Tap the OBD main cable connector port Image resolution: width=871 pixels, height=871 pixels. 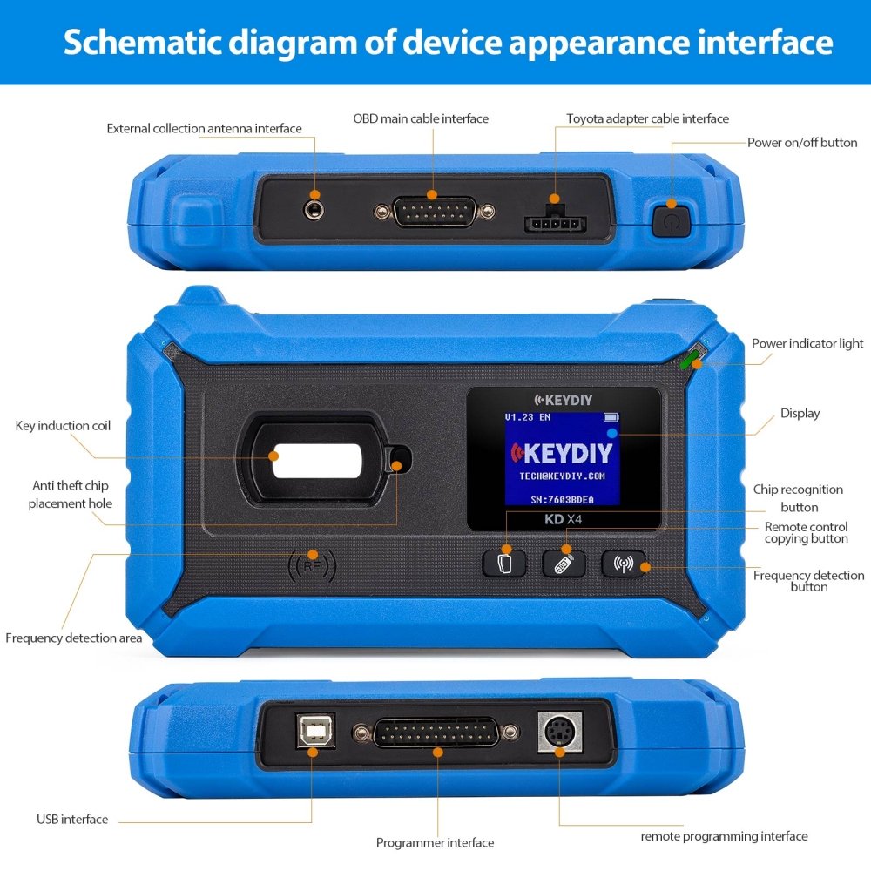435,212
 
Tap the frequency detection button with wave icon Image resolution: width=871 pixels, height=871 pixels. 625,564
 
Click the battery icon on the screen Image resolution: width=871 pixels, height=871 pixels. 610,417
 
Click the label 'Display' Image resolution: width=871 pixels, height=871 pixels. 800,414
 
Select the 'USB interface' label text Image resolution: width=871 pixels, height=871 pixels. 72,820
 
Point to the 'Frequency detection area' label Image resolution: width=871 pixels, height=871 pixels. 73,638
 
